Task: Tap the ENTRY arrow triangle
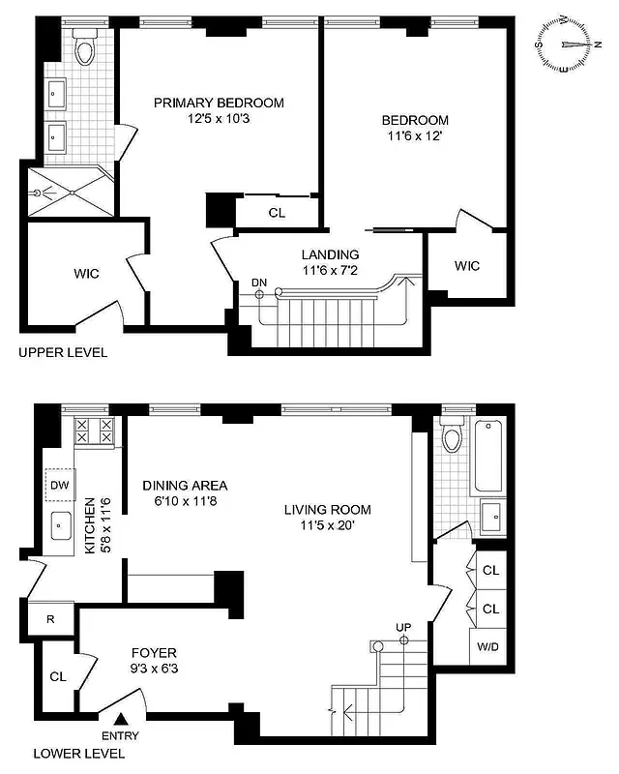[x=122, y=719]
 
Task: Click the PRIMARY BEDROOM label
[x=219, y=103]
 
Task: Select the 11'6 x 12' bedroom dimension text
[x=415, y=137]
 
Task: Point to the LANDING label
[x=330, y=254]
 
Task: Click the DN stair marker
[x=258, y=282]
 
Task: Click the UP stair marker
[x=403, y=627]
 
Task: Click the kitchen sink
[x=65, y=525]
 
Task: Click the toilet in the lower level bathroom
[x=451, y=440]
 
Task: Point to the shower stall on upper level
[x=66, y=193]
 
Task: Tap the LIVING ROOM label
[x=327, y=510]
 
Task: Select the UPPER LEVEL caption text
[x=63, y=353]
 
